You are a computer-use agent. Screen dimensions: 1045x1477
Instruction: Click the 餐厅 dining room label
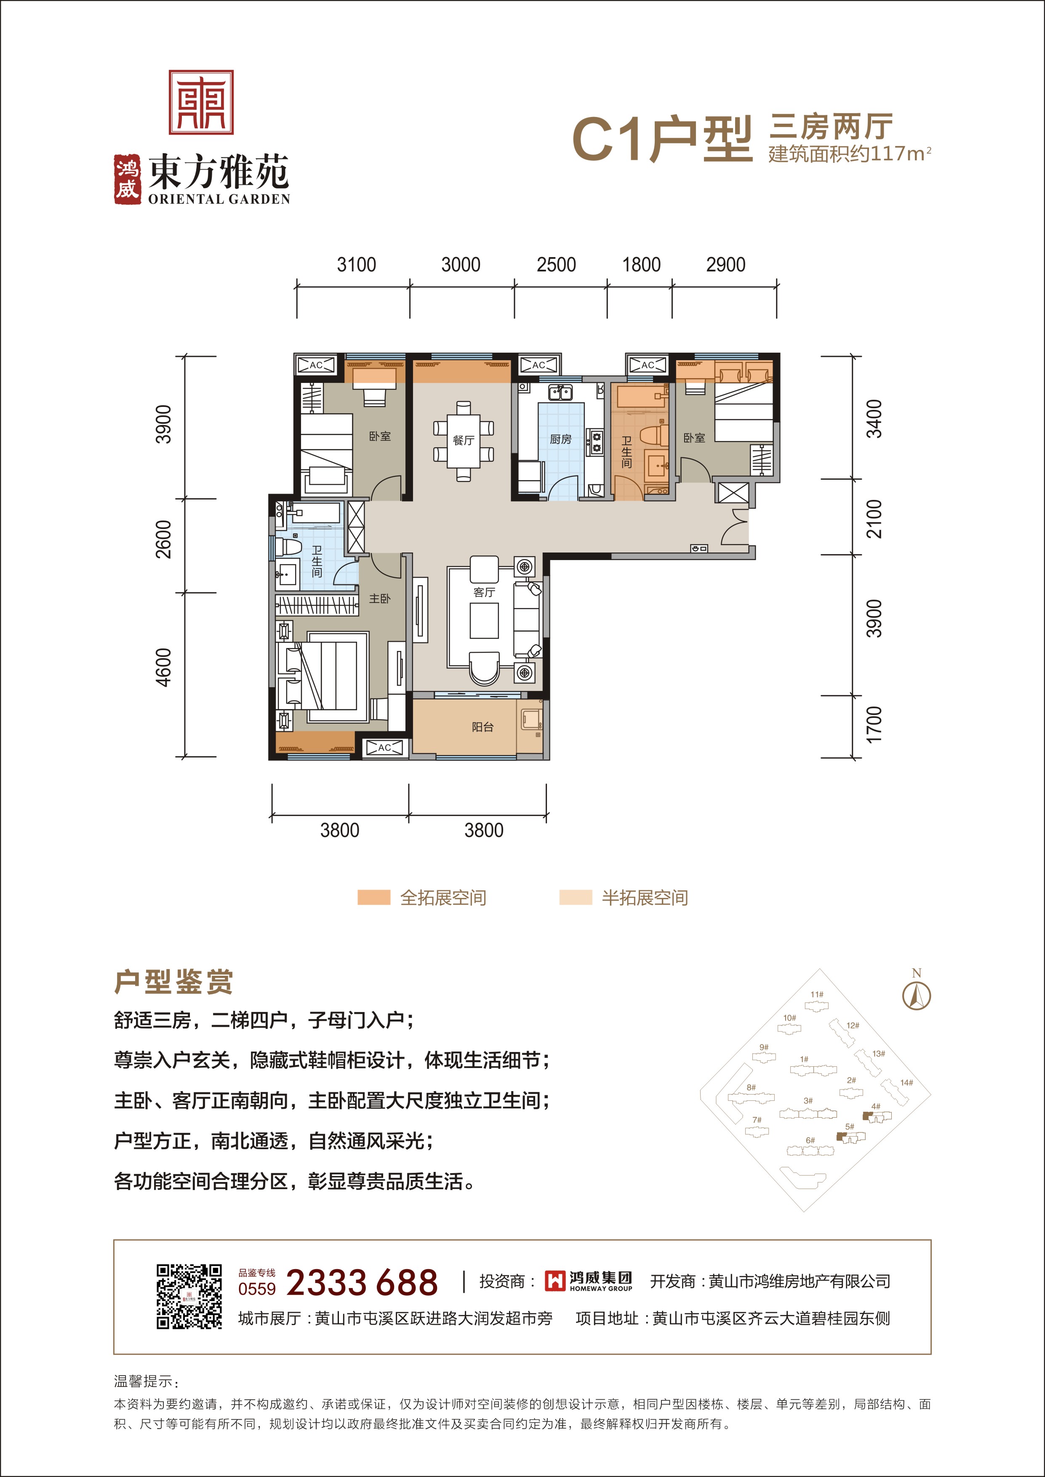coord(463,440)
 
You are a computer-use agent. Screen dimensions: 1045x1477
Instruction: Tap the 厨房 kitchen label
coord(560,439)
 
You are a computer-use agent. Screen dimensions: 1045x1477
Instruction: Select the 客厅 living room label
coord(484,592)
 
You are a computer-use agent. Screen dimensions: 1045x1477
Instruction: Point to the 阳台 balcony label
coord(483,727)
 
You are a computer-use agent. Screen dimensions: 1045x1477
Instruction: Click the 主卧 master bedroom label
coord(380,598)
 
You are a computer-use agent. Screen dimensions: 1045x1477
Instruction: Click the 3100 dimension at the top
coord(357,264)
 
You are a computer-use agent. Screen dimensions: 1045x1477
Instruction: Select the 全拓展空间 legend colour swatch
coord(374,898)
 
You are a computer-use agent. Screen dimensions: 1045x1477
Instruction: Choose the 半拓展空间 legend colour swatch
coord(575,898)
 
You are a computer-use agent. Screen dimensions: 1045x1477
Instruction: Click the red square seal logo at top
coord(201,102)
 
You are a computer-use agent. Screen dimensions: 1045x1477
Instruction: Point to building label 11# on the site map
coord(816,994)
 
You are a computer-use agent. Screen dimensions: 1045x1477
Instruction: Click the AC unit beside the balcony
coord(384,747)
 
